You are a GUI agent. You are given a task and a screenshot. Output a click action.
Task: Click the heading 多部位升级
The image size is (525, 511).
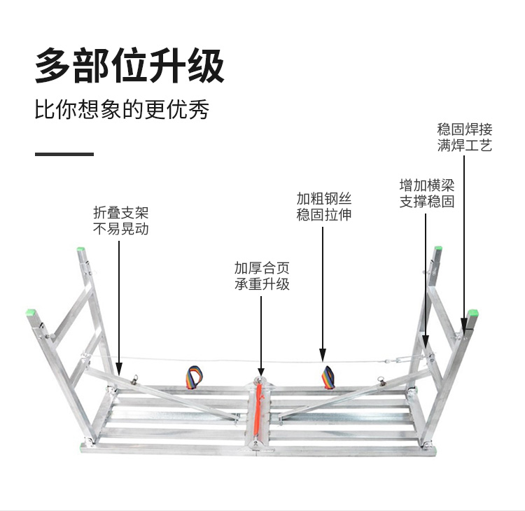click(x=129, y=65)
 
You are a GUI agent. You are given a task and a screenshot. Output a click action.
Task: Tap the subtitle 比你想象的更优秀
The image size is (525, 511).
click(x=122, y=109)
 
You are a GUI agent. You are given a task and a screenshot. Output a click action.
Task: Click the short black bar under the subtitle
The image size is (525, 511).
click(x=64, y=154)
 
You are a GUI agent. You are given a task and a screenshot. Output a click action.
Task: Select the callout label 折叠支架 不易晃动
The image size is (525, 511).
click(x=120, y=220)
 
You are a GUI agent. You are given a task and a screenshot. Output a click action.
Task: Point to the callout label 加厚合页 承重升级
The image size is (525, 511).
click(x=262, y=276)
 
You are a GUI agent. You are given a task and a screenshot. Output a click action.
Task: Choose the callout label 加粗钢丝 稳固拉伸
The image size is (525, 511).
click(x=324, y=206)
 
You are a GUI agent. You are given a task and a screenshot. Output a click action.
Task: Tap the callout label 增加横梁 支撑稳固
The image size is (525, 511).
click(x=427, y=193)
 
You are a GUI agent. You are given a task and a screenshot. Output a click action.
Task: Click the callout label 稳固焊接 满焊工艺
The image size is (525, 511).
click(x=464, y=137)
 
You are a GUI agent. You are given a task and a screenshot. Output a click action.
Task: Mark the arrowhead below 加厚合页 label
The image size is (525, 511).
click(x=261, y=370)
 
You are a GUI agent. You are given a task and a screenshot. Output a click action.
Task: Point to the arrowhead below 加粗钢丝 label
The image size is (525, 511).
click(x=323, y=355)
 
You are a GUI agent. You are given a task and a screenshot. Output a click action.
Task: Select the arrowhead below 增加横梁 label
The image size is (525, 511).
click(x=426, y=342)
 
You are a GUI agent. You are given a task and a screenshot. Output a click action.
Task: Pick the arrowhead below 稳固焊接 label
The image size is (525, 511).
click(x=464, y=325)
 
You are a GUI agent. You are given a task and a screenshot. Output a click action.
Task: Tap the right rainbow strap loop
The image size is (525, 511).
click(x=328, y=377)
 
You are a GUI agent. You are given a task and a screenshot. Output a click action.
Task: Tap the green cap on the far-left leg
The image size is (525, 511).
click(x=31, y=312)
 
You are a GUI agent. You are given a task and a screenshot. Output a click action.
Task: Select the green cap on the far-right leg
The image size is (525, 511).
click(x=473, y=314)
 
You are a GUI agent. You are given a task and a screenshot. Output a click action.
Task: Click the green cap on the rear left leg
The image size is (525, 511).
click(x=80, y=249)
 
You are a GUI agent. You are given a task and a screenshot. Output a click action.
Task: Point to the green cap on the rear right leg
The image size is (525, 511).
click(x=438, y=248)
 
